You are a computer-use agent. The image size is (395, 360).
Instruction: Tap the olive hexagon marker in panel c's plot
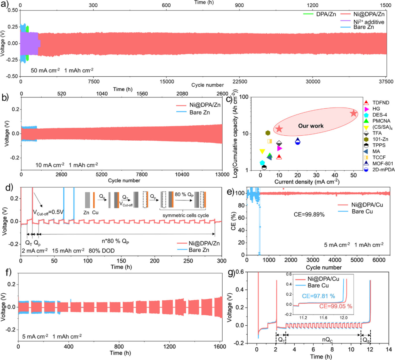pos(268,133)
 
